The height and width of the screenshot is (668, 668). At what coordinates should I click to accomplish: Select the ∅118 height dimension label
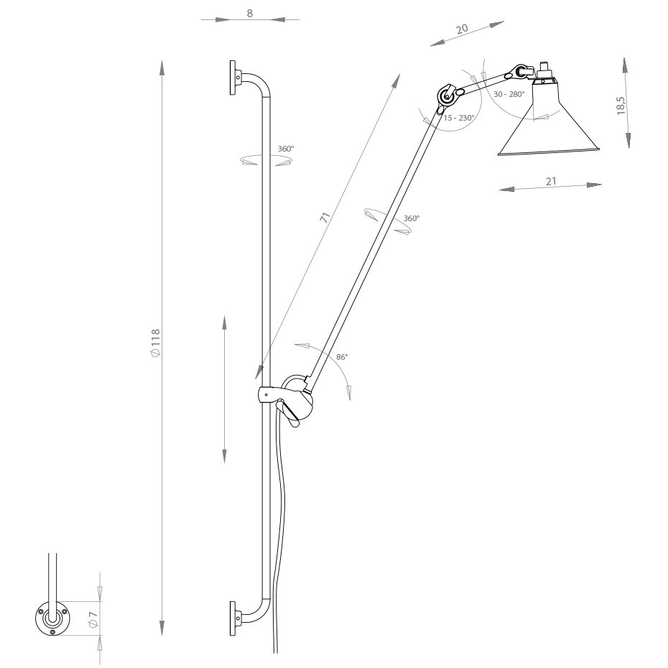click(x=154, y=343)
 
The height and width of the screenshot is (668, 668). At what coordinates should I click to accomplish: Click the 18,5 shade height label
click(x=621, y=104)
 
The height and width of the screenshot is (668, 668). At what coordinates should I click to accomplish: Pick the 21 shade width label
click(x=551, y=181)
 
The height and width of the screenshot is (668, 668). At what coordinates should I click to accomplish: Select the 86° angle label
click(x=341, y=357)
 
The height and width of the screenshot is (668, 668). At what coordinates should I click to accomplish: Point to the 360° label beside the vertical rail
click(x=285, y=149)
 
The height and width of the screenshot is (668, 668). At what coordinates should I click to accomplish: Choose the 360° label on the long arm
click(x=411, y=218)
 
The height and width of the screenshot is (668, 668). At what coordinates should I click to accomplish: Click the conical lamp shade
click(x=549, y=126)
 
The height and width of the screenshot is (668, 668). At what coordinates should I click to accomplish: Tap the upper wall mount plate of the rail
click(x=234, y=78)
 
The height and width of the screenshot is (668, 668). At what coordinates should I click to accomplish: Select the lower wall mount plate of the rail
click(x=234, y=618)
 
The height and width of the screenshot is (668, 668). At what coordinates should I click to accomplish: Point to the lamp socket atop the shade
click(x=544, y=71)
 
